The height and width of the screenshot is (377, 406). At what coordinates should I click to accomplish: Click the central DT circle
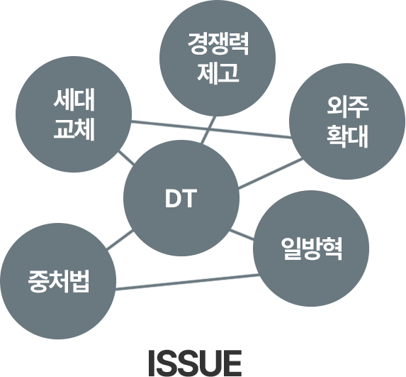[181, 198]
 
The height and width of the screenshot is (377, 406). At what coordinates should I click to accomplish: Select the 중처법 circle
[58, 281]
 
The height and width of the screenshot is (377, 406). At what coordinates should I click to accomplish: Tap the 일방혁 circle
[311, 248]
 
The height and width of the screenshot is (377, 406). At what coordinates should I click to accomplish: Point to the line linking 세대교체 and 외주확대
[212, 130]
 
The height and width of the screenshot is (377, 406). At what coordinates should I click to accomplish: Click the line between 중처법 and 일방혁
[187, 282]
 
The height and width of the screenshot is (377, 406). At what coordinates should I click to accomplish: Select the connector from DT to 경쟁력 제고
[209, 130]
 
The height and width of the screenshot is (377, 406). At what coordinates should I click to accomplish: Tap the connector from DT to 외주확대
[271, 174]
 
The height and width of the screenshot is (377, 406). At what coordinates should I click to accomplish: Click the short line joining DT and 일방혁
[242, 234]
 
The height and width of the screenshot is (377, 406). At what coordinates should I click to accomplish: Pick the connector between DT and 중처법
[120, 241]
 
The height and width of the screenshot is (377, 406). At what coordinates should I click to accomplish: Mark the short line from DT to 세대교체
[126, 158]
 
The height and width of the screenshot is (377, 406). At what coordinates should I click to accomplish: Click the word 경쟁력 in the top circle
[218, 43]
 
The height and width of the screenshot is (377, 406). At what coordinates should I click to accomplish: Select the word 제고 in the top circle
[218, 73]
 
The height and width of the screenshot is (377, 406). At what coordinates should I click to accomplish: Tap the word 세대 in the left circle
[74, 100]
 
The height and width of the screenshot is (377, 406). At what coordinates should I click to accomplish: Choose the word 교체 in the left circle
[74, 130]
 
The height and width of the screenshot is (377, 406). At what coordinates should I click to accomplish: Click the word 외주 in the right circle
[347, 107]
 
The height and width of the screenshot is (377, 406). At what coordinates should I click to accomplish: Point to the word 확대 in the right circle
[347, 137]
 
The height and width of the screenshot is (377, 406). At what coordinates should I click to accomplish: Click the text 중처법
[59, 281]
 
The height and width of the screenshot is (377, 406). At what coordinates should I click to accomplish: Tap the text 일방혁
[312, 248]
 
